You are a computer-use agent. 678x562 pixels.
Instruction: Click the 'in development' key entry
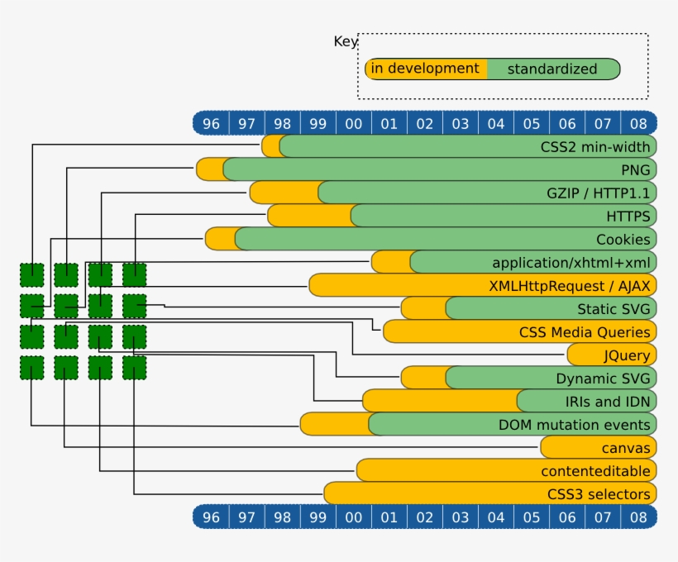pyautogui.click(x=425, y=69)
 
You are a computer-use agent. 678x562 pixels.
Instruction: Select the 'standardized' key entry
pyautogui.click(x=551, y=69)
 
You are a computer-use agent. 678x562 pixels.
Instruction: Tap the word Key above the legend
pyautogui.click(x=345, y=41)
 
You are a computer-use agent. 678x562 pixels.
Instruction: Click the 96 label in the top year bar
pyautogui.click(x=212, y=123)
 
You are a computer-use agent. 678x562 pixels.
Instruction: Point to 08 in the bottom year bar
pyautogui.click(x=637, y=517)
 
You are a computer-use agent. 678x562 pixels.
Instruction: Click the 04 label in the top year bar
pyautogui.click(x=496, y=123)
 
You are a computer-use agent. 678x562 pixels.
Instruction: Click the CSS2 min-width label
pyautogui.click(x=594, y=146)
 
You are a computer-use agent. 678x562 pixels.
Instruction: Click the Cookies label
pyautogui.click(x=623, y=239)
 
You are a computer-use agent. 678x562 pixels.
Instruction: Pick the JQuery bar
pyautogui.click(x=612, y=355)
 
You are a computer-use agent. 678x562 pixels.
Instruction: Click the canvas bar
pyautogui.click(x=599, y=447)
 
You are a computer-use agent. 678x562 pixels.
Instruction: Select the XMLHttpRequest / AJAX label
pyautogui.click(x=570, y=285)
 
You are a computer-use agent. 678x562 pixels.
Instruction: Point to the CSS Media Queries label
pyautogui.click(x=584, y=331)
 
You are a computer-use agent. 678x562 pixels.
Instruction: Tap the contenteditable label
pyautogui.click(x=594, y=470)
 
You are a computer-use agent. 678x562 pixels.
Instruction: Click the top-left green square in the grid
pyautogui.click(x=32, y=274)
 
